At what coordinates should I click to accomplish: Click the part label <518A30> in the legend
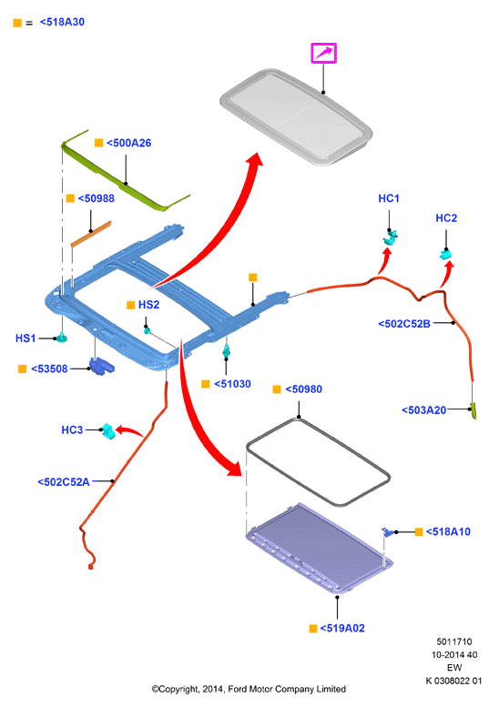[62, 22]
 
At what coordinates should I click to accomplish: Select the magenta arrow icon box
[323, 53]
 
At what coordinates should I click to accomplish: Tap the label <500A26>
[129, 143]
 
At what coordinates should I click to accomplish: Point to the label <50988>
[97, 198]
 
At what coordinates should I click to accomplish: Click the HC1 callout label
[389, 198]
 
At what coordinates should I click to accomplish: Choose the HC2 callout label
[446, 218]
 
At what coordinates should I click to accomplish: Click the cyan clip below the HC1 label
[391, 237]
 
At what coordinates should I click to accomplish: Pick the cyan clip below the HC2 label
[446, 254]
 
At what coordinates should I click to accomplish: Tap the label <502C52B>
[404, 324]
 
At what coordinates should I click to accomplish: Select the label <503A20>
[424, 409]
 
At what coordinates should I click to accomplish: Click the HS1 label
[25, 338]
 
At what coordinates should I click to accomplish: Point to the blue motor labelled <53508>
[102, 366]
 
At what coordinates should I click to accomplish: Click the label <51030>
[232, 384]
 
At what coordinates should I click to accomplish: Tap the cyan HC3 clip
[108, 431]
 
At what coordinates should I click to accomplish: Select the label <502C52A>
[64, 482]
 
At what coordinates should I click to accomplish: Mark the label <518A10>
[448, 531]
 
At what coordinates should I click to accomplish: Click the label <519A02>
[342, 628]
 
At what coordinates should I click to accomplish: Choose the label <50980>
[303, 389]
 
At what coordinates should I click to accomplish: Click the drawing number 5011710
[453, 641]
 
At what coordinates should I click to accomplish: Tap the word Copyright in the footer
[177, 689]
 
